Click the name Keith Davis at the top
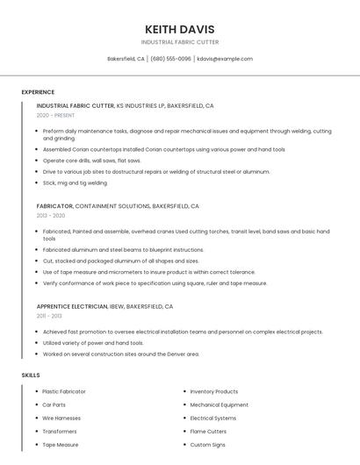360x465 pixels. pyautogui.click(x=180, y=29)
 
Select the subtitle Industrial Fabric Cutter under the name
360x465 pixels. pyautogui.click(x=180, y=42)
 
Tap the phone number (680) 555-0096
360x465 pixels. pyautogui.click(x=170, y=59)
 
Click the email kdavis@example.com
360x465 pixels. pyautogui.click(x=225, y=59)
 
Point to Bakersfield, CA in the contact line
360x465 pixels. pyautogui.click(x=126, y=59)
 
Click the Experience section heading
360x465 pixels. pyautogui.click(x=38, y=92)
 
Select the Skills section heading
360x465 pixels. pyautogui.click(x=31, y=376)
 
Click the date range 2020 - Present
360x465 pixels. pyautogui.click(x=56, y=116)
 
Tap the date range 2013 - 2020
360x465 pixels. pyautogui.click(x=51, y=215)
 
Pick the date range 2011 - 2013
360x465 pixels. pyautogui.click(x=49, y=316)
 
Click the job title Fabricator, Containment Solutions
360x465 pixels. pyautogui.click(x=118, y=206)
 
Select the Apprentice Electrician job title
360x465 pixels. pyautogui.click(x=104, y=307)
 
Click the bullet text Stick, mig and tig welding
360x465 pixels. pyautogui.click(x=76, y=183)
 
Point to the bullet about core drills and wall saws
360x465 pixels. pyautogui.click(x=91, y=161)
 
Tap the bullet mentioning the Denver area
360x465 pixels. pyautogui.click(x=121, y=354)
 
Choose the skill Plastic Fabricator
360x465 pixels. pyautogui.click(x=64, y=391)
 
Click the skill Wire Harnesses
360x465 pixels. pyautogui.click(x=61, y=418)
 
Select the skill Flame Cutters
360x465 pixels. pyautogui.click(x=208, y=432)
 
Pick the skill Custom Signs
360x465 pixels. pyautogui.click(x=207, y=445)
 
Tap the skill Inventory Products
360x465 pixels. pyautogui.click(x=213, y=391)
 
